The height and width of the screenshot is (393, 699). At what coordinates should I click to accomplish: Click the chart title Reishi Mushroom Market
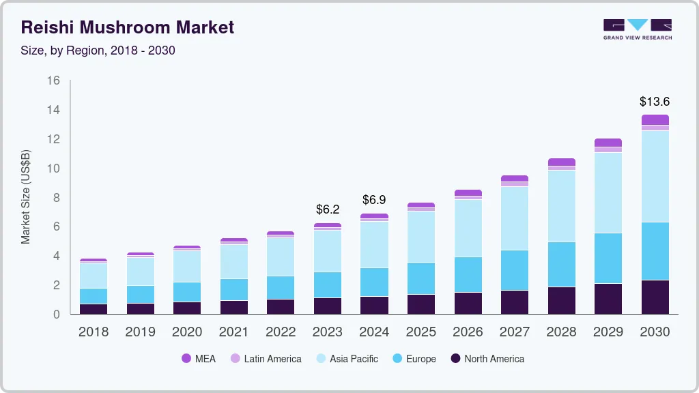click(x=128, y=27)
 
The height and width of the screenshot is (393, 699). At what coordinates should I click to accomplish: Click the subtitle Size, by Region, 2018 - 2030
click(x=98, y=50)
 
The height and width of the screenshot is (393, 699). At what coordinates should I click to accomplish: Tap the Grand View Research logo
click(x=637, y=29)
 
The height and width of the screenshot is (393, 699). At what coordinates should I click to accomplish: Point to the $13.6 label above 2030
click(x=655, y=102)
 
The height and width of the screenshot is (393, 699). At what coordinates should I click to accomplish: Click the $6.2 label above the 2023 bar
click(x=328, y=209)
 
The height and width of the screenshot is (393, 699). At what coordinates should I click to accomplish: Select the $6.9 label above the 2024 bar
click(x=374, y=200)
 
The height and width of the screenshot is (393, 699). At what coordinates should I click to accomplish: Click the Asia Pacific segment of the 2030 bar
click(x=655, y=176)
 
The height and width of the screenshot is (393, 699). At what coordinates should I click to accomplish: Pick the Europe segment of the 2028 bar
click(x=561, y=264)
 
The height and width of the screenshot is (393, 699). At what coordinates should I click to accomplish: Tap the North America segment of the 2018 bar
click(x=94, y=308)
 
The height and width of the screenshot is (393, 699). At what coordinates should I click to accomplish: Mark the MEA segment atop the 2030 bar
click(x=655, y=119)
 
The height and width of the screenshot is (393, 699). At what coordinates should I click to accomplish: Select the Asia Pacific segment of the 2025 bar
click(x=421, y=237)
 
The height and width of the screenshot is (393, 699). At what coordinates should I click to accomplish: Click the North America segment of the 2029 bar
click(x=608, y=298)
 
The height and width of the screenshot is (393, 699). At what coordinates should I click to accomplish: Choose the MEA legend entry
click(x=199, y=359)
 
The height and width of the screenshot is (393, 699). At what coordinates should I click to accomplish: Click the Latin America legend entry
click(x=266, y=359)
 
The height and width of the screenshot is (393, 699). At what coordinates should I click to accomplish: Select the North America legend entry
click(x=487, y=359)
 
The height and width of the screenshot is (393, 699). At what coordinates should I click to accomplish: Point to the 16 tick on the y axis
click(x=53, y=81)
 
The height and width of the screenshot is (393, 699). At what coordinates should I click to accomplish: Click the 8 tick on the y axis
click(x=57, y=198)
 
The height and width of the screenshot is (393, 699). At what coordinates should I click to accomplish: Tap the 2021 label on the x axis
click(x=234, y=332)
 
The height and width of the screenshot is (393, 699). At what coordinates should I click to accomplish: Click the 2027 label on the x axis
click(x=515, y=332)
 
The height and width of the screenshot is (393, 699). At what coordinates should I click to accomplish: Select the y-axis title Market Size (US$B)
click(x=26, y=197)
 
